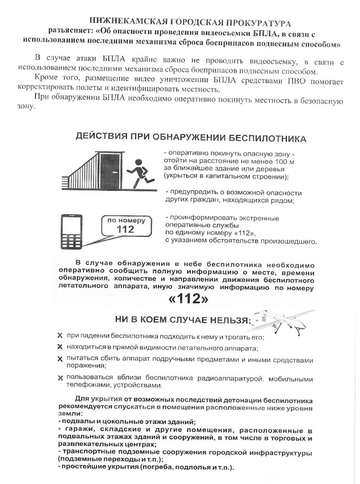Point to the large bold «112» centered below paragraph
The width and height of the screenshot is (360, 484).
pos(188,300)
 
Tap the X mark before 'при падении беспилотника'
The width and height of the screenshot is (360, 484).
pos(60,336)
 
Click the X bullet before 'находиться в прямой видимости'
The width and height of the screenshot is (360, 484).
pos(60,347)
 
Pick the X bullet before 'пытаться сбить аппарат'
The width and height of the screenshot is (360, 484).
pos(60,358)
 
